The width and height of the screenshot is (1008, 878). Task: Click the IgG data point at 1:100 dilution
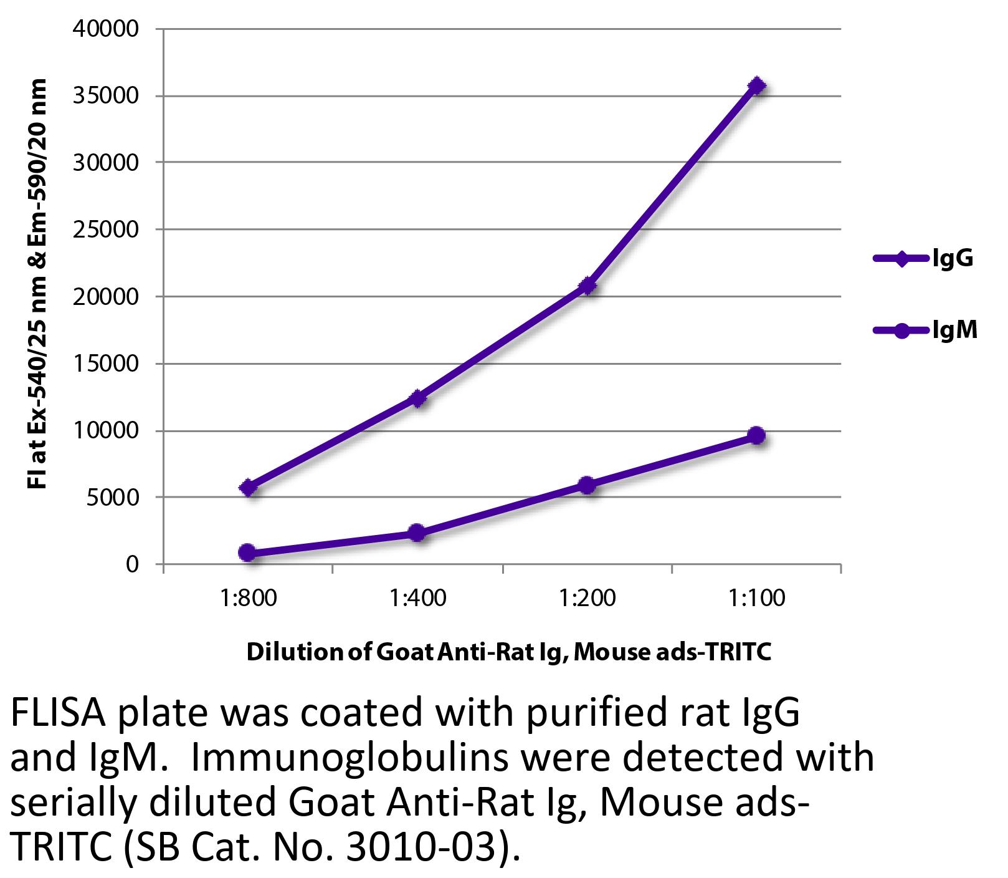[x=756, y=85]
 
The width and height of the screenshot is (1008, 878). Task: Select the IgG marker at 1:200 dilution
[x=587, y=286]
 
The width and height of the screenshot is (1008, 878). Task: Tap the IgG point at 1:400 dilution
[x=417, y=398]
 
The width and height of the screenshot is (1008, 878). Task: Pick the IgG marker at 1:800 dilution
[x=248, y=488]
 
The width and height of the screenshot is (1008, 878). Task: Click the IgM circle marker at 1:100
[x=756, y=435]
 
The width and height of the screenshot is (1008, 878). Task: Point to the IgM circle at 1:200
[x=587, y=485]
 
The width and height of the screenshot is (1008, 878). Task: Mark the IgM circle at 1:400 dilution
[x=417, y=533]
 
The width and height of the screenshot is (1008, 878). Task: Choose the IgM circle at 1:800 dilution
[x=248, y=552]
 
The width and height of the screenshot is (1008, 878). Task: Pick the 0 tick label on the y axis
[x=131, y=564]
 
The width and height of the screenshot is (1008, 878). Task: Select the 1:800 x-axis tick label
[x=248, y=599]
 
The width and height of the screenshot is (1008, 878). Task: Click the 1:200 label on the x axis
[x=587, y=599]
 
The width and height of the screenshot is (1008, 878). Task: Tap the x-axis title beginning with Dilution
[x=509, y=652]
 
